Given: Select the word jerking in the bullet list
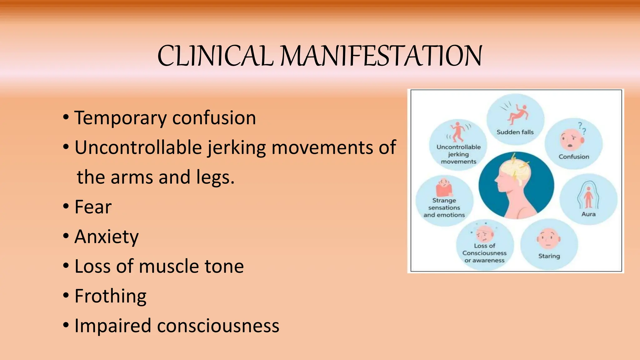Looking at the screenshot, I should pyautogui.click(x=237, y=147).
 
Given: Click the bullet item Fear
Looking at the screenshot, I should pyautogui.click(x=93, y=207).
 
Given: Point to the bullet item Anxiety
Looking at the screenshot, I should pyautogui.click(x=106, y=237).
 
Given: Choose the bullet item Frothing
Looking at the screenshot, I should pyautogui.click(x=110, y=296).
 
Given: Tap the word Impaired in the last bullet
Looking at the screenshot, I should pyautogui.click(x=112, y=326).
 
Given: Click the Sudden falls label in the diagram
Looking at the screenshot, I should pyautogui.click(x=515, y=132).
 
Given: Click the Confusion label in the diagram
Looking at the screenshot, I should pyautogui.click(x=574, y=157).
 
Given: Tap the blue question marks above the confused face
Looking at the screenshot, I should pyautogui.click(x=582, y=128).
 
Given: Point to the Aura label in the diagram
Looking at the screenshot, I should pyautogui.click(x=588, y=214).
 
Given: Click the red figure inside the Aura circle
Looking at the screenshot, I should pyautogui.click(x=588, y=197).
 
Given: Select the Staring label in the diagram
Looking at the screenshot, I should pyautogui.click(x=549, y=256).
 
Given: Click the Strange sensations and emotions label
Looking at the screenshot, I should pyautogui.click(x=444, y=207).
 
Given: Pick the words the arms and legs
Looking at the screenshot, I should pyautogui.click(x=155, y=177).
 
